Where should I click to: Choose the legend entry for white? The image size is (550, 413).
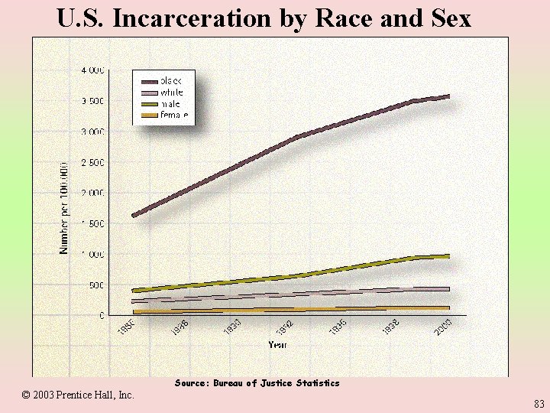(171, 93)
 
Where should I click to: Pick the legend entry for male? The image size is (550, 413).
(169, 104)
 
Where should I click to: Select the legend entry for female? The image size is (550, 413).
(173, 115)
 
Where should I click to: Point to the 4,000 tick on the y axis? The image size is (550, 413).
(92, 70)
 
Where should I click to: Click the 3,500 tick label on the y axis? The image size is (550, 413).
(92, 101)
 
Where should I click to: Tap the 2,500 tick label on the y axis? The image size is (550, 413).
(92, 162)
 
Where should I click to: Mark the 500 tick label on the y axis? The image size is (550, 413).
(96, 285)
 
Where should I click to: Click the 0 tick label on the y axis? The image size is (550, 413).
(102, 315)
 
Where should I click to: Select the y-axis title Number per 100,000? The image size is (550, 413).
(64, 207)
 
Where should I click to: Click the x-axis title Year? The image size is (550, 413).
(277, 345)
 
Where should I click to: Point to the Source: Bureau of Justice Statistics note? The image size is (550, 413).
(257, 382)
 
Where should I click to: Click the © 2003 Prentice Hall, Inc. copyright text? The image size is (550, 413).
(78, 395)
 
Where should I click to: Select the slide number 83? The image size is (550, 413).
(539, 403)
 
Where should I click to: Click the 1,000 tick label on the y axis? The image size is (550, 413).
(92, 254)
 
